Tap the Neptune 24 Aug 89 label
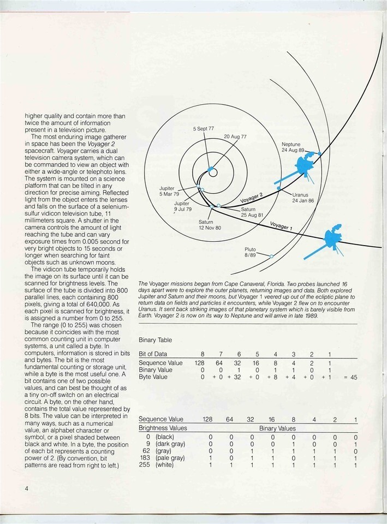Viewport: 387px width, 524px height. coord(295,147)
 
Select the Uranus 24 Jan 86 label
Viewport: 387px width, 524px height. coord(304,198)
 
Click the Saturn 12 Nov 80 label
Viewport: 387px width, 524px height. coord(210,224)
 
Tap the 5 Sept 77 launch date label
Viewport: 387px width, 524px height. coord(204,128)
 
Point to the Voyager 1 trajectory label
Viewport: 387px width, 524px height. coord(281,225)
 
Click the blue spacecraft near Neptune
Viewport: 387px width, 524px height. coord(301,166)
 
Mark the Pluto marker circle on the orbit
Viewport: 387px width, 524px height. coord(271,255)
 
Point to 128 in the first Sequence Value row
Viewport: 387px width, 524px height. coord(203,362)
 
